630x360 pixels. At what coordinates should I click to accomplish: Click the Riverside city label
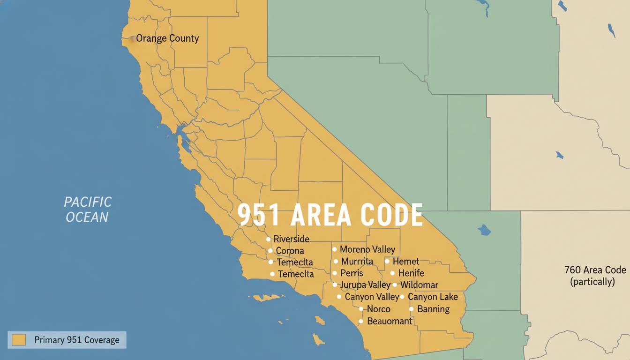[x=291, y=239]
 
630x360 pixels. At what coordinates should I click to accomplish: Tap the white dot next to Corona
[x=270, y=251]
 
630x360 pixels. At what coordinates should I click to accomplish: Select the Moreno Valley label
[x=367, y=249]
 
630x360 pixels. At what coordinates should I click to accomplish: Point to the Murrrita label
[x=357, y=262]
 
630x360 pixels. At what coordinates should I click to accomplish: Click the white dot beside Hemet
[x=387, y=261]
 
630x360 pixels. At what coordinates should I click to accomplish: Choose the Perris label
[x=352, y=273]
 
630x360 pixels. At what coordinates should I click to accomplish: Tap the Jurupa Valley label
[x=365, y=285]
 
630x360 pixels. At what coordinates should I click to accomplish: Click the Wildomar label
[x=419, y=285]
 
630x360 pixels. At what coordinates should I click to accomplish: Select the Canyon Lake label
[x=433, y=297]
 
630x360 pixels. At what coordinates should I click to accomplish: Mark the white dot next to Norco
[x=361, y=309]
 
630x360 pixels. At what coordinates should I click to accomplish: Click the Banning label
[x=433, y=309]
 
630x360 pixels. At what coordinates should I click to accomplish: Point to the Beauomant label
[x=390, y=321]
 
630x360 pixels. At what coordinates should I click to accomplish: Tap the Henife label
[x=411, y=273]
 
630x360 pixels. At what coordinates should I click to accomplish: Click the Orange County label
[x=167, y=38]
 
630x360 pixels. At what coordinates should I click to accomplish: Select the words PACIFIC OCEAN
[x=88, y=210]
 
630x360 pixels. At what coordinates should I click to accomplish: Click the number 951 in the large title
[x=259, y=215]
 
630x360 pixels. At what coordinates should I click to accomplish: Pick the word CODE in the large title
[x=392, y=215]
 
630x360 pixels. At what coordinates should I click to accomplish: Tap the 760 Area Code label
[x=595, y=270]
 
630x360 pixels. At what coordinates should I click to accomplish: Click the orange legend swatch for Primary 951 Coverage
[x=19, y=340]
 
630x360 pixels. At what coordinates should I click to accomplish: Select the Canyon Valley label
[x=372, y=297]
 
